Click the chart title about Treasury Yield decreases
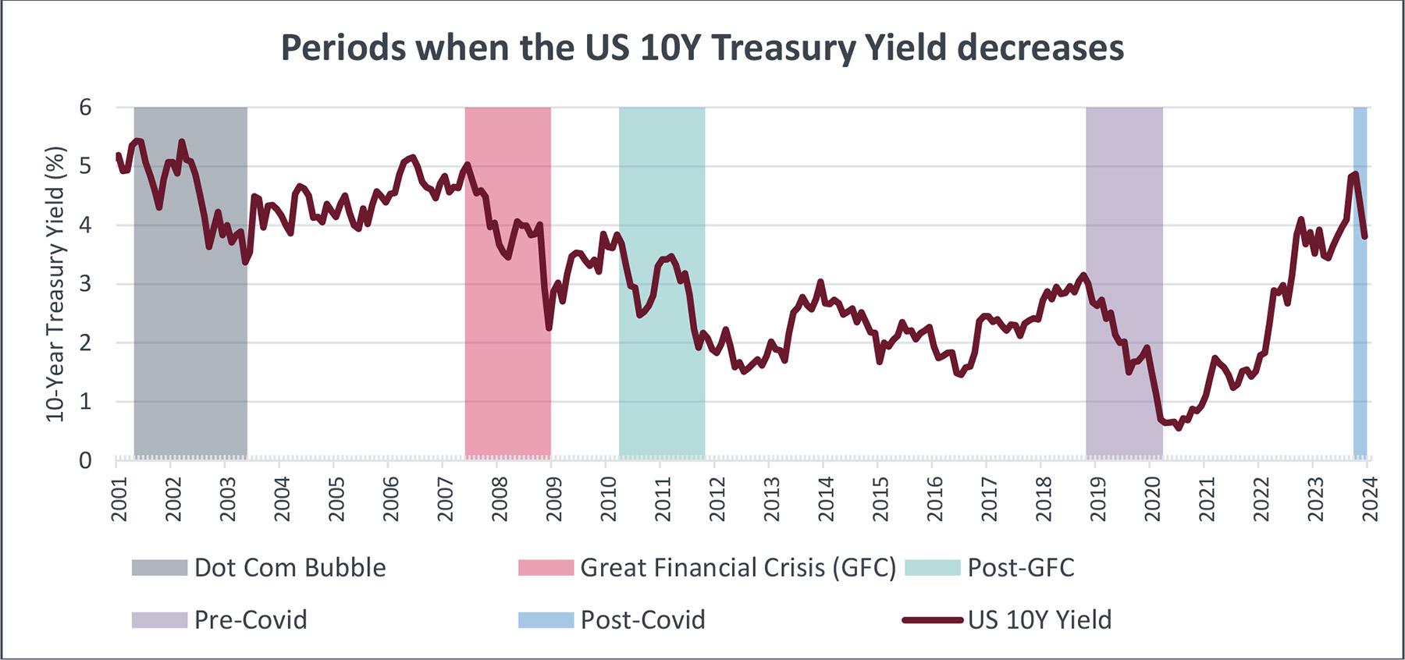tap(702, 48)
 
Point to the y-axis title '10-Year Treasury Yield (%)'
tap(55, 285)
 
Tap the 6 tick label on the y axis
tap(86, 108)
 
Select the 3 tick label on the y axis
tap(86, 284)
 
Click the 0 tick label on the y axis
tap(86, 460)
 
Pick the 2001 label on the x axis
tap(119, 499)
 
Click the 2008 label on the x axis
tap(500, 499)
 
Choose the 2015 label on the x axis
tap(880, 499)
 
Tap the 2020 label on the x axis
tap(1152, 499)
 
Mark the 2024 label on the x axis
tap(1370, 499)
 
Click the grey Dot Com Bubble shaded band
tap(190, 351)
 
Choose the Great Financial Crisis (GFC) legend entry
tap(706, 567)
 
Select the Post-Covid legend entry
tap(612, 619)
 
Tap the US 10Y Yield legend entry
tap(1007, 619)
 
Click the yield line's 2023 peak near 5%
tap(1355, 174)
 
